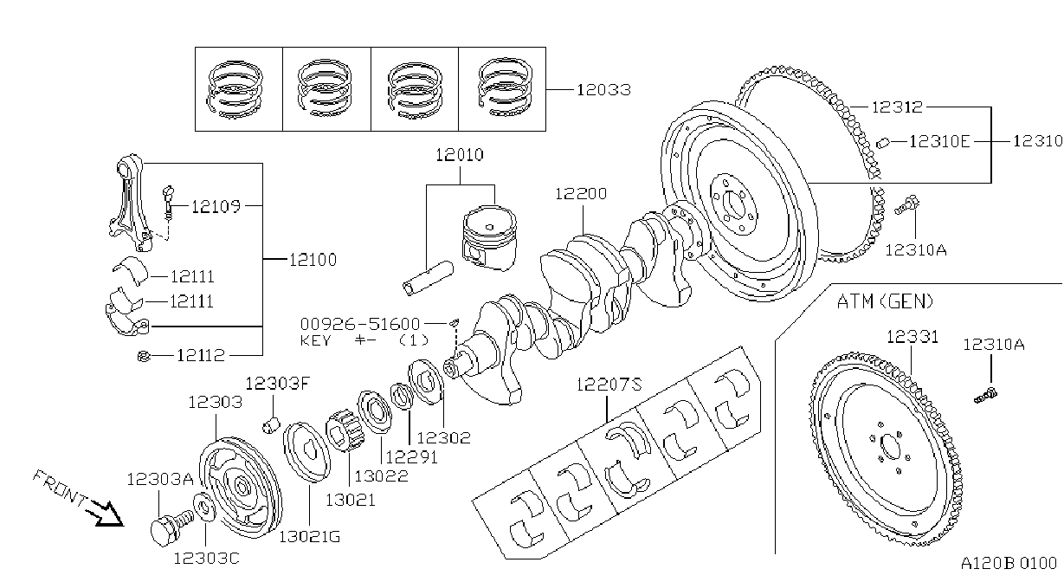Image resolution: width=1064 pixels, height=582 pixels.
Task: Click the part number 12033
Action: click(603, 89)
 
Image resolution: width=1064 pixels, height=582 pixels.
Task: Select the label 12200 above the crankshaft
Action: click(581, 193)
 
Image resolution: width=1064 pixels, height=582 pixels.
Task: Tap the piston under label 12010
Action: click(489, 238)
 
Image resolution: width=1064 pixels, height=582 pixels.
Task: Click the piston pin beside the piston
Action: click(428, 278)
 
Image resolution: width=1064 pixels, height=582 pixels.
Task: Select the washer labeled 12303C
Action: click(204, 507)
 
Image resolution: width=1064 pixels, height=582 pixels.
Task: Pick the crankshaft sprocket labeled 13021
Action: click(345, 431)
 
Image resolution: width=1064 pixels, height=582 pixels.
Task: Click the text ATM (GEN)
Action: click(885, 301)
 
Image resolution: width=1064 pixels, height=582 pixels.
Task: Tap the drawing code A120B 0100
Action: click(1009, 564)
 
